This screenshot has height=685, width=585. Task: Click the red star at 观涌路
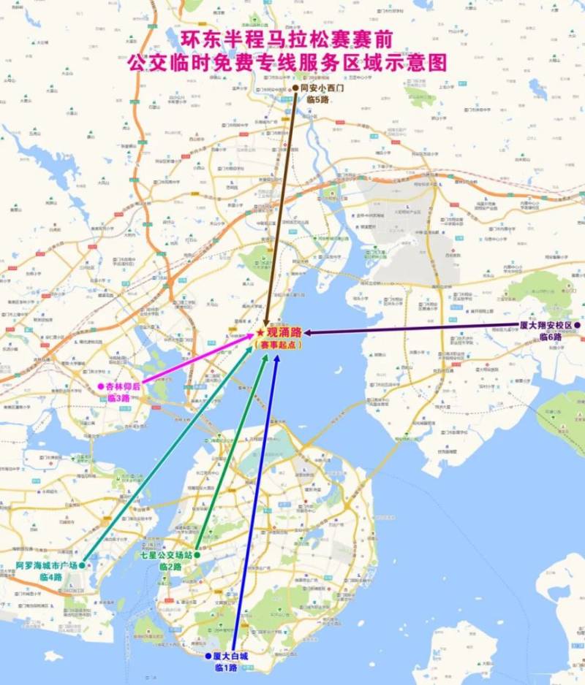click(x=260, y=332)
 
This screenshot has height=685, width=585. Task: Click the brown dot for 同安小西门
click(x=295, y=88)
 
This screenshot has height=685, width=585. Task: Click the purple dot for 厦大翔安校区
click(x=577, y=325)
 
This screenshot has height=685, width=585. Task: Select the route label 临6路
click(x=551, y=337)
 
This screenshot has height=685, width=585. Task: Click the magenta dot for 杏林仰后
click(x=101, y=386)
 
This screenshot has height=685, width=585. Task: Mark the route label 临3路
click(x=118, y=398)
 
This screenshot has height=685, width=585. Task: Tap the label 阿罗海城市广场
click(x=47, y=566)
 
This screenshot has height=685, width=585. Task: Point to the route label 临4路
click(x=51, y=577)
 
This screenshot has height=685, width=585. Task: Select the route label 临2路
click(x=170, y=567)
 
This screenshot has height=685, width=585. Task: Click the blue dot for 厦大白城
click(x=208, y=656)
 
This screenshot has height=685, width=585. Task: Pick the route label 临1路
click(x=226, y=667)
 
